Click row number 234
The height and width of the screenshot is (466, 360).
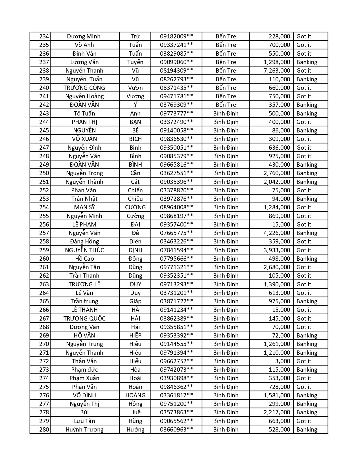pyautogui.click(x=44, y=36)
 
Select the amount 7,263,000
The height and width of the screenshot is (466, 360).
pyautogui.click(x=277, y=71)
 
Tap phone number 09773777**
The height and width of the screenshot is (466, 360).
pyautogui.click(x=176, y=114)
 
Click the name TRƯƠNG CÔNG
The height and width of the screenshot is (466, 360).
pyautogui.click(x=84, y=88)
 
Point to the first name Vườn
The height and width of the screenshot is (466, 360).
pyautogui.click(x=135, y=88)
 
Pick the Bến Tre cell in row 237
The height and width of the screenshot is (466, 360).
pyautogui.click(x=226, y=62)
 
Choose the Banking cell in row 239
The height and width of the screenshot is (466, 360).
pyautogui.click(x=307, y=79)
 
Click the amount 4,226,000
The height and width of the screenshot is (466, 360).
pyautogui.click(x=277, y=233)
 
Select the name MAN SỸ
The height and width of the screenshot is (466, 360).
pyautogui.click(x=84, y=207)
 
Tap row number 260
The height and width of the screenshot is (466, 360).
pyautogui.click(x=44, y=259)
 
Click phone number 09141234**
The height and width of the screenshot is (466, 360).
pyautogui.click(x=176, y=310)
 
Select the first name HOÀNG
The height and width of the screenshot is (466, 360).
pyautogui.click(x=135, y=395)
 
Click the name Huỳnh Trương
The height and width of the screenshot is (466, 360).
pyautogui.click(x=84, y=430)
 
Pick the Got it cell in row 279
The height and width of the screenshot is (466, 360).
pyautogui.click(x=304, y=421)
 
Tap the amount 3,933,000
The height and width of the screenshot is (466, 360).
pyautogui.click(x=277, y=250)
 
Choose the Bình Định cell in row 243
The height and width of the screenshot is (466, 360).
pyautogui.click(x=226, y=114)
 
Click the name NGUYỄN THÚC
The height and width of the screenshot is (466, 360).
pyautogui.click(x=84, y=250)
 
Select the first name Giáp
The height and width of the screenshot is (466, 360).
pyautogui.click(x=135, y=301)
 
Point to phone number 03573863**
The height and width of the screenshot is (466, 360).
pyautogui.click(x=176, y=412)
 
